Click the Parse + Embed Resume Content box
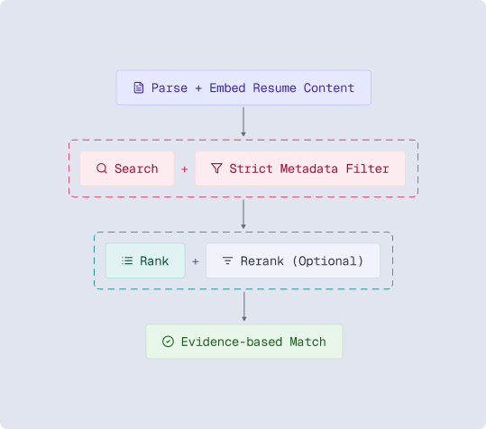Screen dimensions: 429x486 (243, 87)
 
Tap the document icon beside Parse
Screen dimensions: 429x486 (138, 88)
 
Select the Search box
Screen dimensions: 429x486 (127, 169)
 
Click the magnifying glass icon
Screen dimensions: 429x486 (101, 169)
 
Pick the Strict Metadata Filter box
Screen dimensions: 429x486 (300, 169)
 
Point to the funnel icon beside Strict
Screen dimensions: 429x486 (216, 169)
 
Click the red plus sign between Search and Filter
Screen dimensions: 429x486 (185, 169)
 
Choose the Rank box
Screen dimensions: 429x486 (145, 261)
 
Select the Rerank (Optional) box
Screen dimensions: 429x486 (293, 261)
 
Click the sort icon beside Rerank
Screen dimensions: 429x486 (227, 261)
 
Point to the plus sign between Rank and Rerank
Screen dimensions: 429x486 (196, 261)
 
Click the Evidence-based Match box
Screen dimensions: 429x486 (244, 342)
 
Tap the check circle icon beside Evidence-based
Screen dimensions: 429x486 (168, 342)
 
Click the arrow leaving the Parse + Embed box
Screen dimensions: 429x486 (243, 122)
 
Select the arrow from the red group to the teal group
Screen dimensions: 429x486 (243, 214)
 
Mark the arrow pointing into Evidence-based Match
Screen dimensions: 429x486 (243, 306)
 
